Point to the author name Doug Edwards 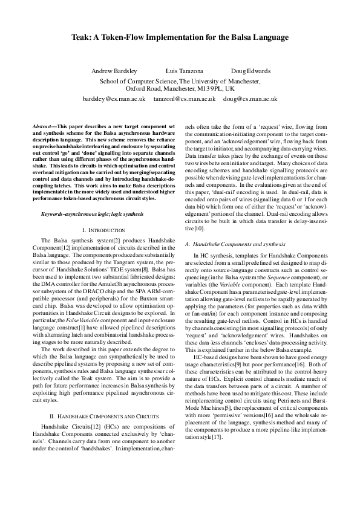tap(250, 71)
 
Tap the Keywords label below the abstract tap(54, 198)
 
